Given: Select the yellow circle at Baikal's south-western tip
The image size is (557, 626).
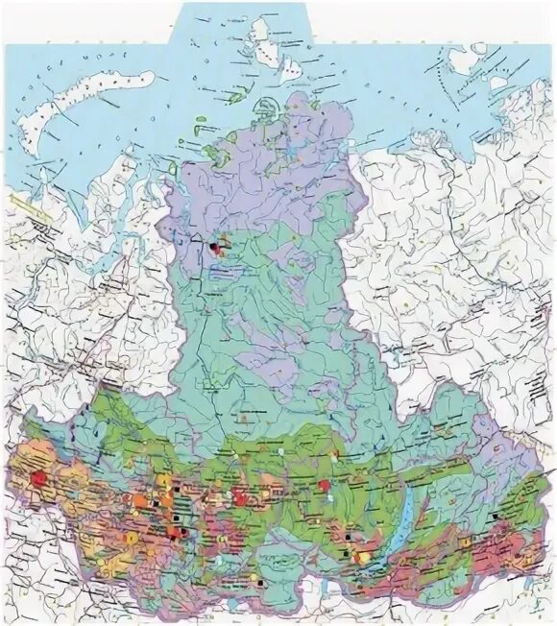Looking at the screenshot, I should tap(362, 556).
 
